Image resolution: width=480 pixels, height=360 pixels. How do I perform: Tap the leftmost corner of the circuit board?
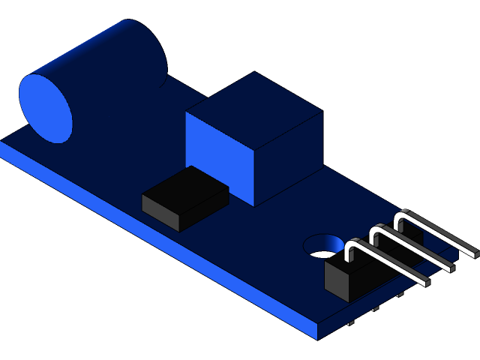pos(3,146)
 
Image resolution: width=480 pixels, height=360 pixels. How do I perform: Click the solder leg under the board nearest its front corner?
pos(352,324)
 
